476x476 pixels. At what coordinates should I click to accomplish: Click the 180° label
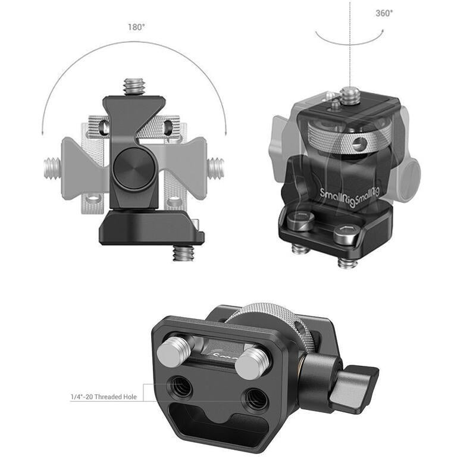[136, 27]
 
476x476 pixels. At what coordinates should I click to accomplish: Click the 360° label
[384, 12]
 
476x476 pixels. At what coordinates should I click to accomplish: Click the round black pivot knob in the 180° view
[133, 169]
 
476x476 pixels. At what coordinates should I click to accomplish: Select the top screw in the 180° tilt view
[133, 87]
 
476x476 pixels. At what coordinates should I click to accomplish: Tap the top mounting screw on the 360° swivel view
[350, 94]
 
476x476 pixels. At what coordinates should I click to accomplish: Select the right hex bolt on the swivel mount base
[346, 234]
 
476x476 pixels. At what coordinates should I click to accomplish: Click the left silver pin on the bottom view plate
[171, 352]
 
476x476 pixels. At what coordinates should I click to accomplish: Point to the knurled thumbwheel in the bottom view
[279, 321]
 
